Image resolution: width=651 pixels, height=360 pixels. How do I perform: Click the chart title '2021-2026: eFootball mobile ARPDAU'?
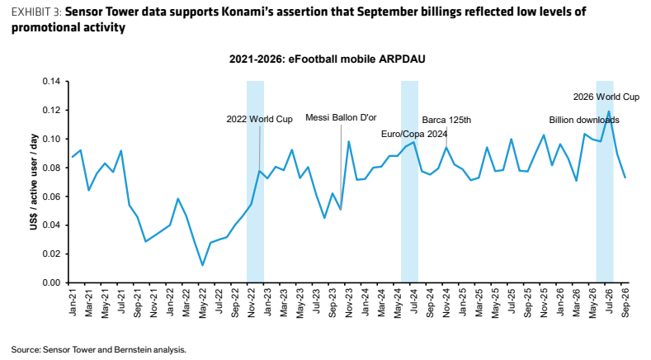click(x=328, y=59)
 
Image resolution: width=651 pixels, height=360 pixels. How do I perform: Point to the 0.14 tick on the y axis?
click(x=51, y=82)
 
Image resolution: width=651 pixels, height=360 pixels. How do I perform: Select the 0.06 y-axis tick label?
click(x=51, y=197)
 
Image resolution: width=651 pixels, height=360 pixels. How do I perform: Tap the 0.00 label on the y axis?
click(x=51, y=282)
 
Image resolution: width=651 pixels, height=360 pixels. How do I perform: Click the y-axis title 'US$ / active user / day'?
click(x=34, y=182)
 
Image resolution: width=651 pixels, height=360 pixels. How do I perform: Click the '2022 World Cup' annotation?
click(x=259, y=119)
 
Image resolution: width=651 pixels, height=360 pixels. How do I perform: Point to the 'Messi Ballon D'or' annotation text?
click(x=341, y=117)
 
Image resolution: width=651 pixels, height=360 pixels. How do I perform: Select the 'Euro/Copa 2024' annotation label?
click(x=414, y=134)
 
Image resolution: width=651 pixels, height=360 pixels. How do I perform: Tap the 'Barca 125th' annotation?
click(x=446, y=121)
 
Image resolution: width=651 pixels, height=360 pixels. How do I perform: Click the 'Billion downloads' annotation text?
click(x=584, y=121)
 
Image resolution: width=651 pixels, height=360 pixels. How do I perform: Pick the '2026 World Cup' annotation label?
click(x=606, y=97)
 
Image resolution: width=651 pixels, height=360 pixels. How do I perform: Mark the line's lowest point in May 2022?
click(x=202, y=265)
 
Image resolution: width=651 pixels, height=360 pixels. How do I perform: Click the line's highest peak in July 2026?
click(x=609, y=111)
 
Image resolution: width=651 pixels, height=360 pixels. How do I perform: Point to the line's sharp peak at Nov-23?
click(x=349, y=141)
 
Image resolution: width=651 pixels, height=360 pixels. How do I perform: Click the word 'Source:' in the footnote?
click(x=26, y=349)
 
